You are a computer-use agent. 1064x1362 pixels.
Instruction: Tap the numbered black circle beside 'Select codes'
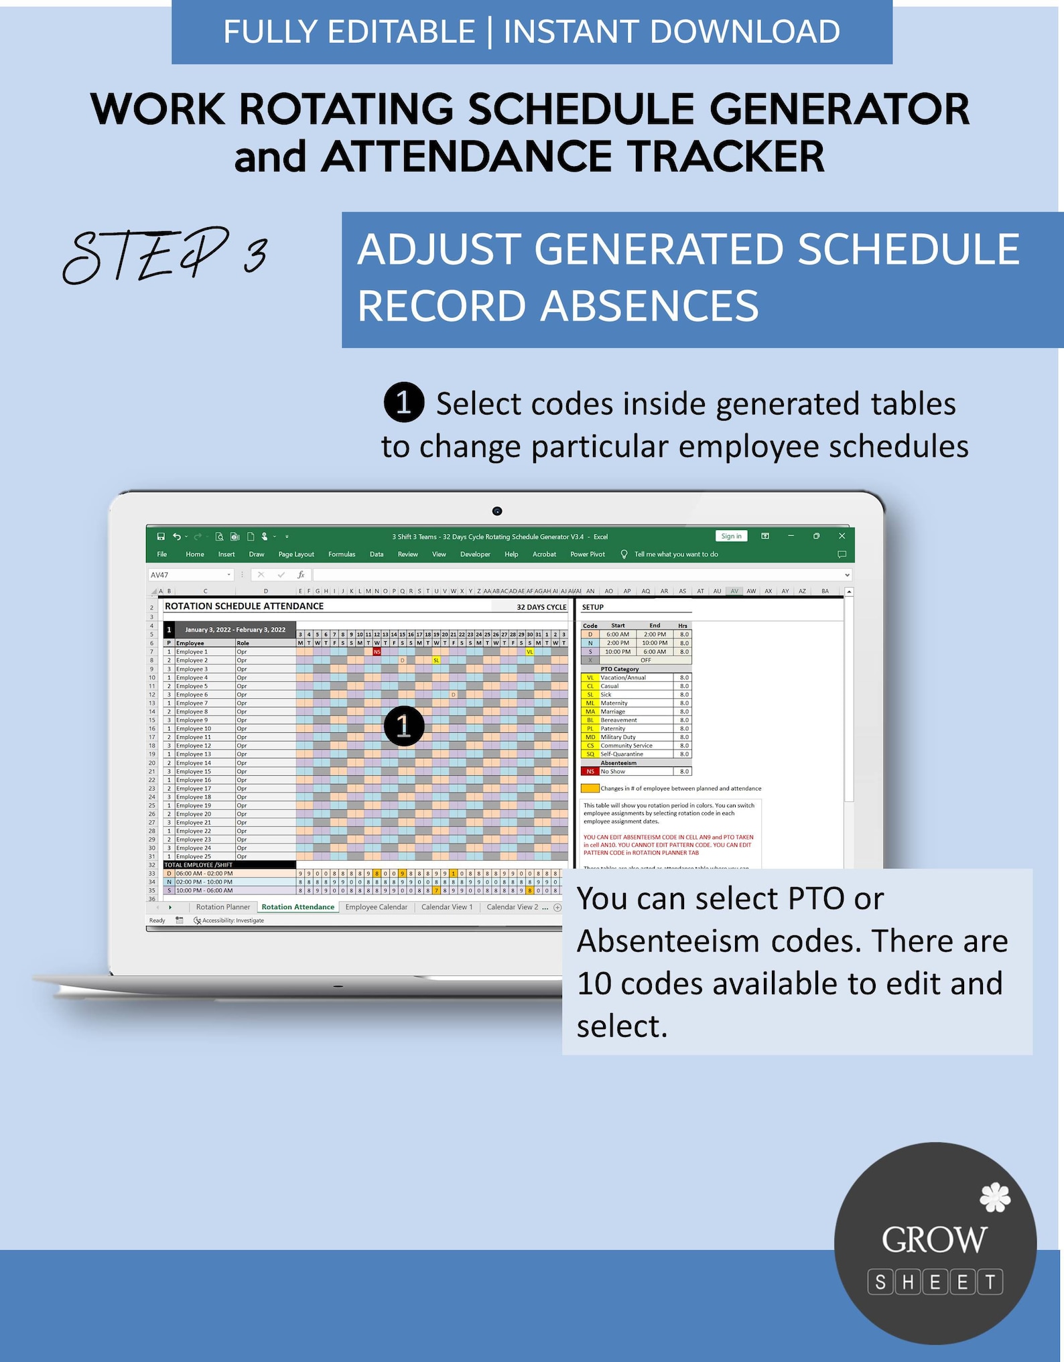pos(403,403)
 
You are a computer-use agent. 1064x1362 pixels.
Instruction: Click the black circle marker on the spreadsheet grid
pos(403,726)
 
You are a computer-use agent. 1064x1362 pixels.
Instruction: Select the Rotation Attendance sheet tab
pos(297,907)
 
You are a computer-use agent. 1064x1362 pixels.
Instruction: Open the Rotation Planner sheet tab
pos(222,907)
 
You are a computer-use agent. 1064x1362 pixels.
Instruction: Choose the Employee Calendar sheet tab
pos(376,907)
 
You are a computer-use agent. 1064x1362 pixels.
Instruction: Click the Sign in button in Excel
pos(731,536)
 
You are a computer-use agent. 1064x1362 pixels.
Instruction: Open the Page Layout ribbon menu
pos(296,554)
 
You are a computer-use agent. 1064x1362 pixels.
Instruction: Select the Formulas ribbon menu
pos(342,554)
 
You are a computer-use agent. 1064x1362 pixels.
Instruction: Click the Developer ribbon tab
pos(475,554)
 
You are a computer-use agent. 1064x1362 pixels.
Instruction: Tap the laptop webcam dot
pos(497,511)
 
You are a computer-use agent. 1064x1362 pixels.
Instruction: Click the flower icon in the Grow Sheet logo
pos(995,1197)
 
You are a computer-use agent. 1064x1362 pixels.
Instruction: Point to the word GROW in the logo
pos(934,1240)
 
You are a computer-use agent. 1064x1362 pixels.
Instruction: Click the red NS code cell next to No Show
pos(590,771)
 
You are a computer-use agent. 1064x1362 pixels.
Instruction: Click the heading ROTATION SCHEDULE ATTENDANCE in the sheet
pos(244,606)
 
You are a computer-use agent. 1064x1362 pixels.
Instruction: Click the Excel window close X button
pos(842,536)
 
